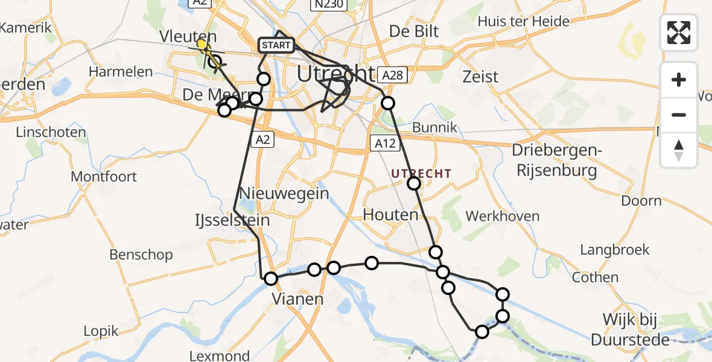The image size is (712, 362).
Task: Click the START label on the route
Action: [276, 45]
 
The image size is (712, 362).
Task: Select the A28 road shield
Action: [392, 75]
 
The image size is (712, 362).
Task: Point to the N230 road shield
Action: [329, 5]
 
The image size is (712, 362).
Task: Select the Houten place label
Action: [391, 215]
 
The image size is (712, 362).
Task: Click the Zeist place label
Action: [480, 77]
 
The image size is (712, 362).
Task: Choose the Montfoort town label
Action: [104, 177]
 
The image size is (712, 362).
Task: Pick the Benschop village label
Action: [141, 255]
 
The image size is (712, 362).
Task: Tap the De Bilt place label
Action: [414, 31]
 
